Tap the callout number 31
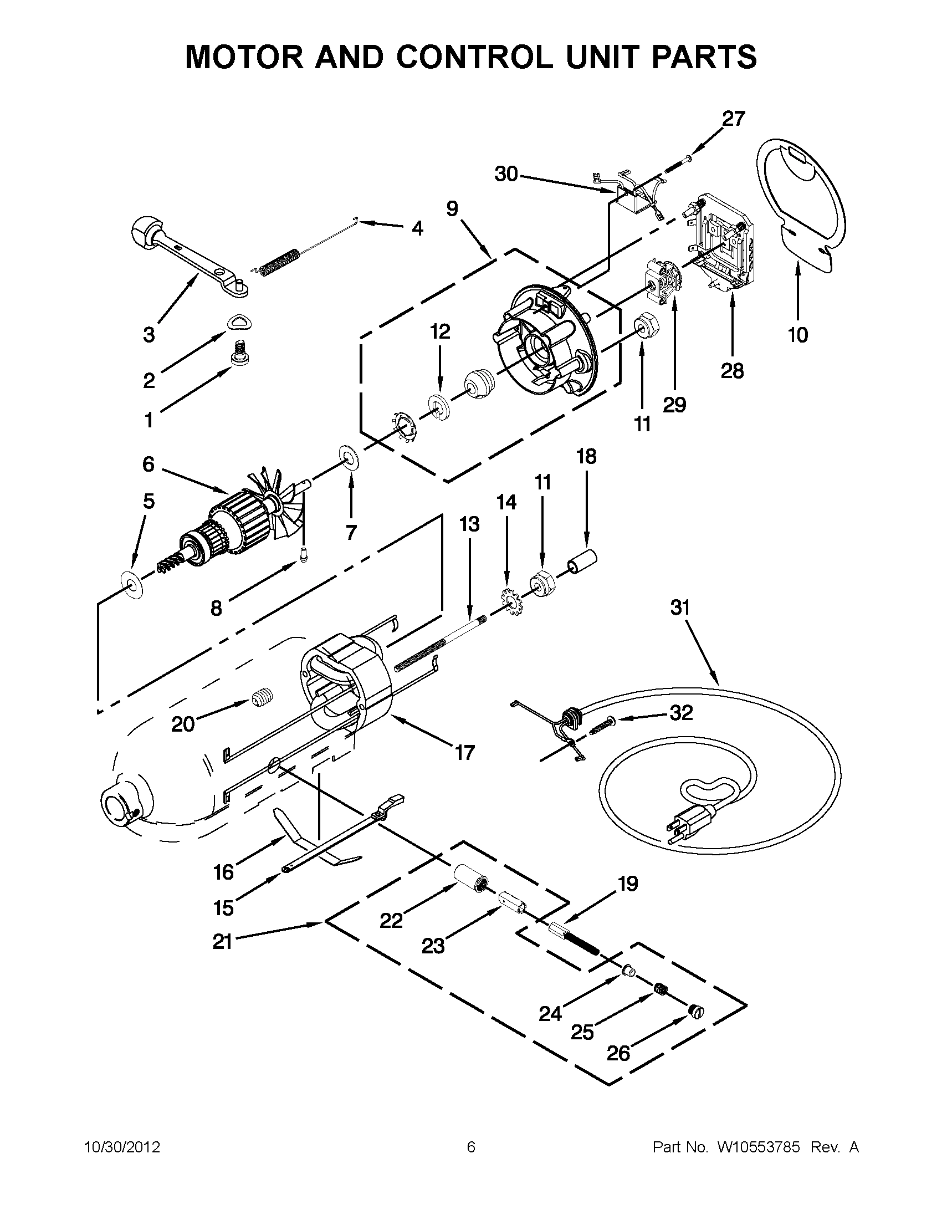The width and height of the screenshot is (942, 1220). [x=680, y=608]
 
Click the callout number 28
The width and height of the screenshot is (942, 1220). [x=732, y=370]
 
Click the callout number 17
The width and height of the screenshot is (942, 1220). [x=464, y=752]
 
